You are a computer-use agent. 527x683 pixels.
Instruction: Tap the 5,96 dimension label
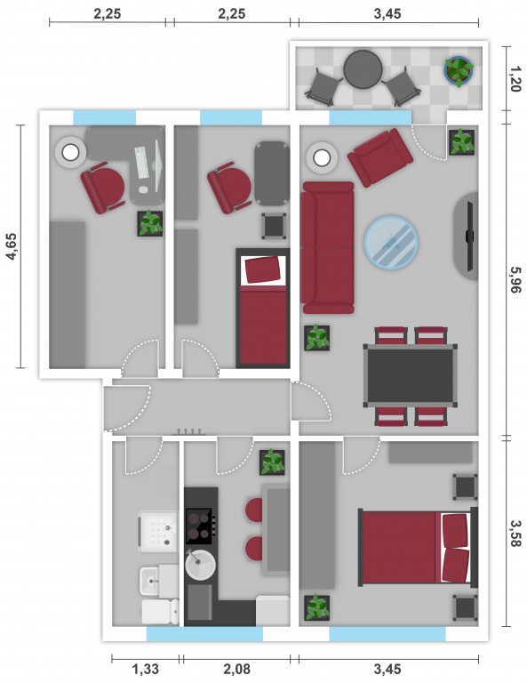click(515, 279)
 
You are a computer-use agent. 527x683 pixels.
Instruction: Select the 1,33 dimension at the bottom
click(146, 669)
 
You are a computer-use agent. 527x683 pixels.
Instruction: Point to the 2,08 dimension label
click(237, 669)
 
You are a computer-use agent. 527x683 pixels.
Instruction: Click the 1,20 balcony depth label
click(515, 79)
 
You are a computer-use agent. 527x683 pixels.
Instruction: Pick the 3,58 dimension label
click(515, 534)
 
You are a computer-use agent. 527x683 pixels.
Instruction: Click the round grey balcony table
click(363, 69)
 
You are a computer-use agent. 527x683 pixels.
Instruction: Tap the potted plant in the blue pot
click(459, 70)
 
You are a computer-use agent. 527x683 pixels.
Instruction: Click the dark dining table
click(411, 375)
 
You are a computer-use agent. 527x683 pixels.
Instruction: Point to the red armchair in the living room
click(380, 157)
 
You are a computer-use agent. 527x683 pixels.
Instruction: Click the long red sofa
click(328, 248)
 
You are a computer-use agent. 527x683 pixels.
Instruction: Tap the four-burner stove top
click(200, 526)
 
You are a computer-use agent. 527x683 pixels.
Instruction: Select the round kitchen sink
click(200, 565)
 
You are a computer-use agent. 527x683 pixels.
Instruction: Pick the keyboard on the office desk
click(141, 162)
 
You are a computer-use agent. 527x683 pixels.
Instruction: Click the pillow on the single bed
click(263, 269)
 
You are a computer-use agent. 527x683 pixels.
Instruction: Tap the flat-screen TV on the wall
click(469, 236)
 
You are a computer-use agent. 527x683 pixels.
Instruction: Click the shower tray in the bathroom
click(158, 532)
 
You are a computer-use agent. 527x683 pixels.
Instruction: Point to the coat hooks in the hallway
click(189, 432)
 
